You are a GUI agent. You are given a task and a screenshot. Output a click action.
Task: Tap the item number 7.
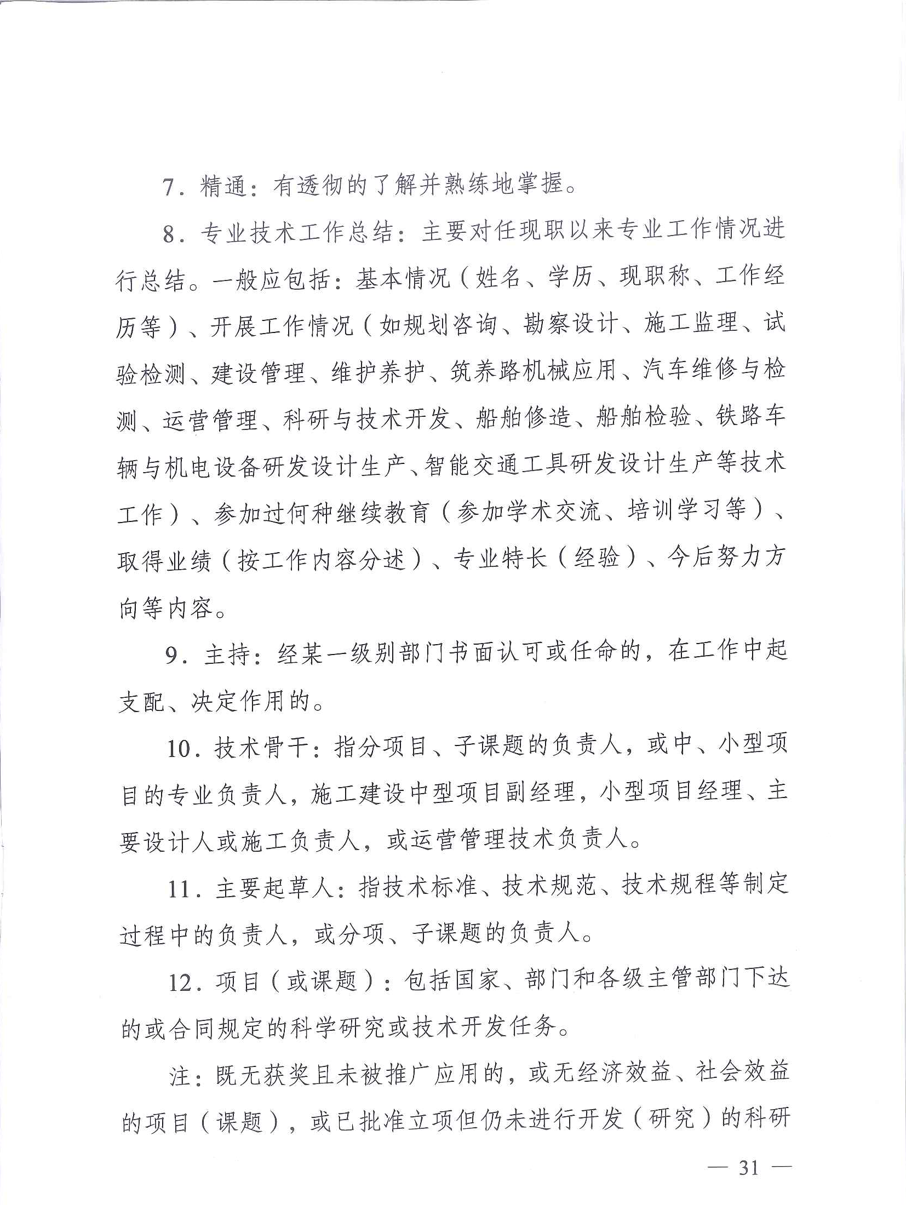169,187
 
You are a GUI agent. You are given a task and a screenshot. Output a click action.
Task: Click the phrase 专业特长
500,559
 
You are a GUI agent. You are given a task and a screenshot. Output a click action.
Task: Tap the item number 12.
180,982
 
